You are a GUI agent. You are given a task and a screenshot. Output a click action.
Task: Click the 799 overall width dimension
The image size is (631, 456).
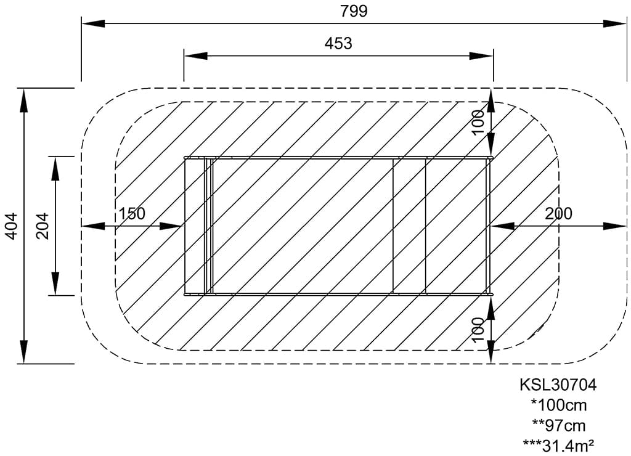(x=354, y=11)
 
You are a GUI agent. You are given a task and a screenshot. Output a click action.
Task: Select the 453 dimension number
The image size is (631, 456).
(x=338, y=44)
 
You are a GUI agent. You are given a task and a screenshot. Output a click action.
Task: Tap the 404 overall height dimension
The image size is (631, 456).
(x=12, y=226)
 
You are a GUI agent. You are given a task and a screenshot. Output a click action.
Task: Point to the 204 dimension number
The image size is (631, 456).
(x=43, y=226)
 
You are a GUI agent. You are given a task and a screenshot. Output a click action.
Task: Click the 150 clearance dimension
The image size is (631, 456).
(x=132, y=214)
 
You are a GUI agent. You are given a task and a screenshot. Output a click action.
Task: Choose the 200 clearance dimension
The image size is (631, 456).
(x=558, y=214)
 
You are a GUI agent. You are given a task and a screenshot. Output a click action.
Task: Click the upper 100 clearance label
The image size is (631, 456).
(x=478, y=123)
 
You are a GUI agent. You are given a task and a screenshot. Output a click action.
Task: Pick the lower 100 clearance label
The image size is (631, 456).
(x=478, y=330)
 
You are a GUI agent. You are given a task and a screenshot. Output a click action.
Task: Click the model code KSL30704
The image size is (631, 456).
(x=558, y=385)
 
